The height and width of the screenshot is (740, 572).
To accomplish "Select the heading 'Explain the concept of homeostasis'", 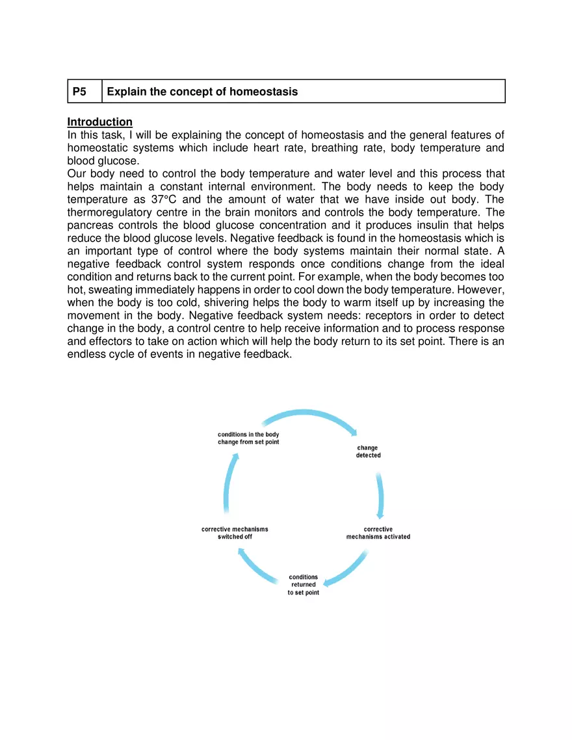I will pyautogui.click(x=202, y=92).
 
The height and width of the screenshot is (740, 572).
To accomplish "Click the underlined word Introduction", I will pyautogui.click(x=100, y=122).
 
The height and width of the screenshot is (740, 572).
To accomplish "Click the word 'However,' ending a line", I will pyautogui.click(x=480, y=290).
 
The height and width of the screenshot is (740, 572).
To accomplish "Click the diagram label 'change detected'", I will pyautogui.click(x=368, y=452).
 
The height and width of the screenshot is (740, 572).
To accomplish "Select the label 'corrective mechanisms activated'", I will pyautogui.click(x=378, y=533).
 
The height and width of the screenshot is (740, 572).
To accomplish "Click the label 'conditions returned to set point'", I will pyautogui.click(x=304, y=585).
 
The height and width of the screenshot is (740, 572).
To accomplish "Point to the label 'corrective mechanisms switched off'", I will pyautogui.click(x=235, y=533).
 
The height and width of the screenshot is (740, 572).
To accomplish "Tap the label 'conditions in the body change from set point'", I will pyautogui.click(x=248, y=438).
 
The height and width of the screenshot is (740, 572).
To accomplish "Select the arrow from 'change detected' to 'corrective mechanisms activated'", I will pyautogui.click(x=380, y=494).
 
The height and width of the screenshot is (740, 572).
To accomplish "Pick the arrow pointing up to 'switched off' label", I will pyautogui.click(x=257, y=568).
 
